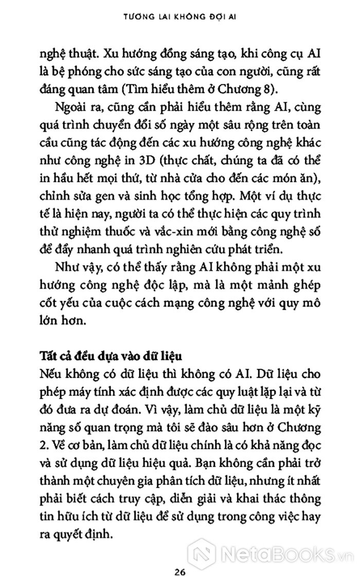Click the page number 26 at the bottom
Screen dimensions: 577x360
[179, 558]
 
